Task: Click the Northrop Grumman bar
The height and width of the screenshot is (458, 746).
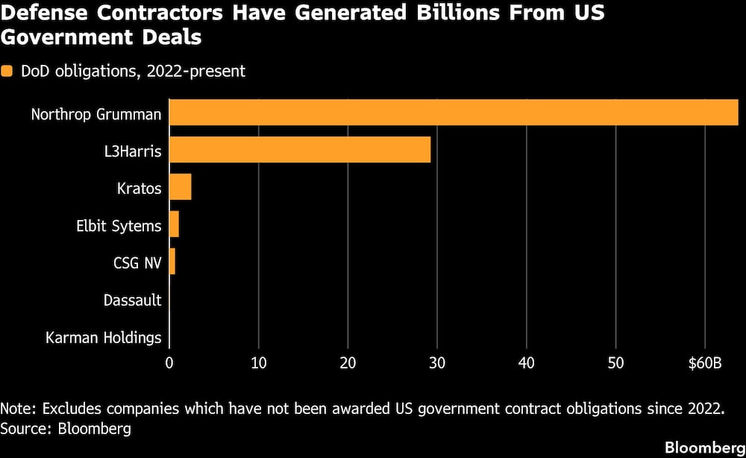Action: click(x=454, y=113)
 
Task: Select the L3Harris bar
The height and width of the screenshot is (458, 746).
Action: click(x=300, y=150)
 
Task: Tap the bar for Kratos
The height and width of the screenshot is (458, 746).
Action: click(x=180, y=187)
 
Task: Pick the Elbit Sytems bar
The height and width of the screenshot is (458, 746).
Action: click(x=174, y=225)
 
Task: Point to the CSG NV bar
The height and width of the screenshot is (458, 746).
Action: click(x=172, y=262)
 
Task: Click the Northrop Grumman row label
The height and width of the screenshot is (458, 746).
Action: click(x=96, y=114)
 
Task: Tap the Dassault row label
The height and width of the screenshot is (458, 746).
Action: click(x=132, y=301)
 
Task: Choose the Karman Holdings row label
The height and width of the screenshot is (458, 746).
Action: click(x=104, y=338)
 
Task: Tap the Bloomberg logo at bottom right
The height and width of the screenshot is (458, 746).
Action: click(x=704, y=447)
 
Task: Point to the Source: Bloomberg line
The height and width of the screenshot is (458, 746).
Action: click(x=66, y=428)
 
